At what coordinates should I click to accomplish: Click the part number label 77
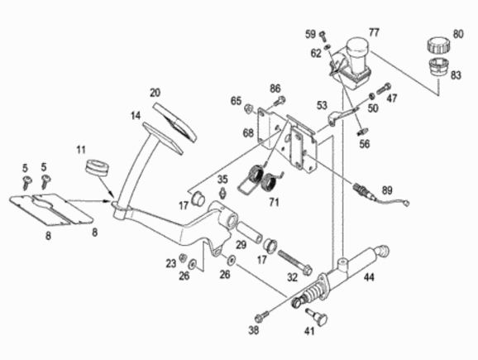[x=374, y=32]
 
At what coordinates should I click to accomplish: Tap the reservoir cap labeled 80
[x=437, y=46]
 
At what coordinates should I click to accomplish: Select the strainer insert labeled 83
[x=438, y=66]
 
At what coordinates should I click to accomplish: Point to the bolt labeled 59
[x=323, y=36]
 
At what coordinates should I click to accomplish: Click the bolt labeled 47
[x=384, y=89]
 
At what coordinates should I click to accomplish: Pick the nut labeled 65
[x=248, y=108]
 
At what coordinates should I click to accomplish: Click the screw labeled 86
[x=279, y=101]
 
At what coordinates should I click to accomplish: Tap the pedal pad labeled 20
[x=174, y=122]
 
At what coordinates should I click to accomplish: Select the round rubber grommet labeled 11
[x=97, y=167]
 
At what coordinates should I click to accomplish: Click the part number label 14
[x=136, y=116]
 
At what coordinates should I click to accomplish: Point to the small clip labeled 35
[x=222, y=193]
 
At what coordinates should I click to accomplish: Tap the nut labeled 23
[x=183, y=258]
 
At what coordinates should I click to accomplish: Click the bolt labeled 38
[x=263, y=316]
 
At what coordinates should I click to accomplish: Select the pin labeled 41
[x=318, y=317]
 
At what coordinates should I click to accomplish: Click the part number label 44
[x=369, y=277]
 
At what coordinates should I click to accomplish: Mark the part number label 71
[x=274, y=202]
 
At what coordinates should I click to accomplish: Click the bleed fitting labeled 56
[x=362, y=132]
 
